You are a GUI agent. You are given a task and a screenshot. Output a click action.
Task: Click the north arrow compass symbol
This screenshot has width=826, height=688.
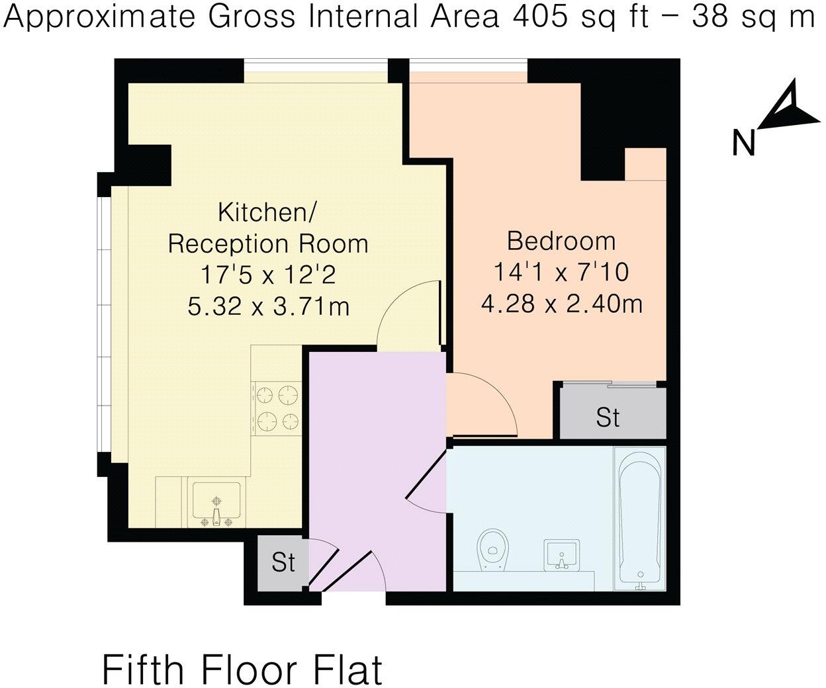click(x=788, y=105)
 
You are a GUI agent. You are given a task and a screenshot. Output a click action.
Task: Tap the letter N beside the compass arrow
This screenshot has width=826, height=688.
click(x=745, y=143)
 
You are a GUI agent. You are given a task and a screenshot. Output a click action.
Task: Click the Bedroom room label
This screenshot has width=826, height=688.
click(x=561, y=241)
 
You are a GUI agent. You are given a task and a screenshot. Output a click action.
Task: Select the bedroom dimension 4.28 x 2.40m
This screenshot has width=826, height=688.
click(x=561, y=304)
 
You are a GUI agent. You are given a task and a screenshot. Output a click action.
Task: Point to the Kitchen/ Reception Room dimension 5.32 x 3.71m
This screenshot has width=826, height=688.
click(x=268, y=306)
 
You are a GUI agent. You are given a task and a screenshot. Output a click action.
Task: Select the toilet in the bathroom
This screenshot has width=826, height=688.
click(x=490, y=548)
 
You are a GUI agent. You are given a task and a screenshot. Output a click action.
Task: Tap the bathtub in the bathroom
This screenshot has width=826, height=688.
click(x=639, y=518)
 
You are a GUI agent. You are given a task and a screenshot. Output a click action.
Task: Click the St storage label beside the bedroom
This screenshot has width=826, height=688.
click(x=608, y=417)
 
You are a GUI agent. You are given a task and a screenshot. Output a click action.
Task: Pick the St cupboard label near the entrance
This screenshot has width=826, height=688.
click(x=283, y=562)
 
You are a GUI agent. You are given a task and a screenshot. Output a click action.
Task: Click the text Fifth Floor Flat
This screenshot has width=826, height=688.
click(x=242, y=669)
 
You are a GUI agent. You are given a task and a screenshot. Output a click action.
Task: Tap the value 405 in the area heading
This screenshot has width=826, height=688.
click(x=537, y=17)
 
